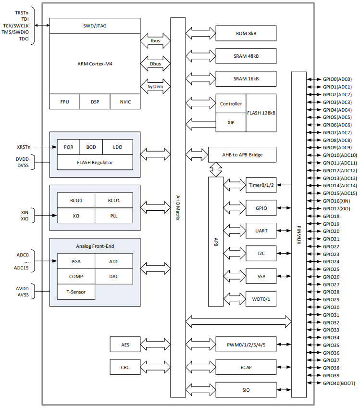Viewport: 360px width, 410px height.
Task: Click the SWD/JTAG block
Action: [95, 26]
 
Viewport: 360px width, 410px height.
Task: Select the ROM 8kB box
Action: [246, 33]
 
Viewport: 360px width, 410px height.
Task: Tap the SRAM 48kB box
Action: [246, 56]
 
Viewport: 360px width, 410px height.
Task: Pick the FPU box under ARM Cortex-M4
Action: [64, 102]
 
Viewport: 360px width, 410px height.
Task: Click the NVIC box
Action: [124, 102]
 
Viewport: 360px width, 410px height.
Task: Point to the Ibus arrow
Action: [155, 41]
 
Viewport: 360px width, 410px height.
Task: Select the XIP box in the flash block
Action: [231, 123]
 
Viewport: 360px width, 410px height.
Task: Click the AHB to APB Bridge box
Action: [242, 154]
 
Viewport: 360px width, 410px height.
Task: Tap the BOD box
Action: [91, 147]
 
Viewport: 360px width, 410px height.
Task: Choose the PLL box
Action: [113, 216]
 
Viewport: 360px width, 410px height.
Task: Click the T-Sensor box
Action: [76, 292]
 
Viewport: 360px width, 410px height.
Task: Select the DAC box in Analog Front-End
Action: [114, 276]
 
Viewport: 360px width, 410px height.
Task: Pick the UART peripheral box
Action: [261, 231]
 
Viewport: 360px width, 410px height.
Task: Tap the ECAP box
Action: [246, 367]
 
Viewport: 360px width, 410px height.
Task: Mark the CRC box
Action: [125, 367]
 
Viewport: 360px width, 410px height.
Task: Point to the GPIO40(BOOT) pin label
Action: [339, 383]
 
